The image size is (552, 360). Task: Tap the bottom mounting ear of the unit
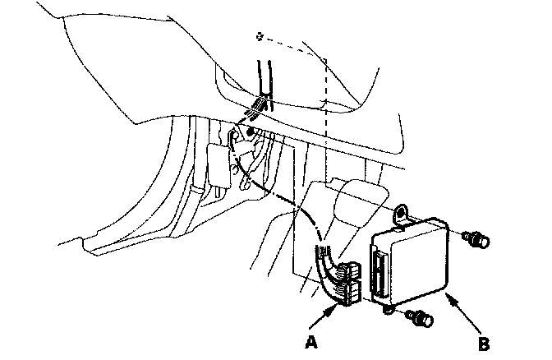[x=387, y=309]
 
